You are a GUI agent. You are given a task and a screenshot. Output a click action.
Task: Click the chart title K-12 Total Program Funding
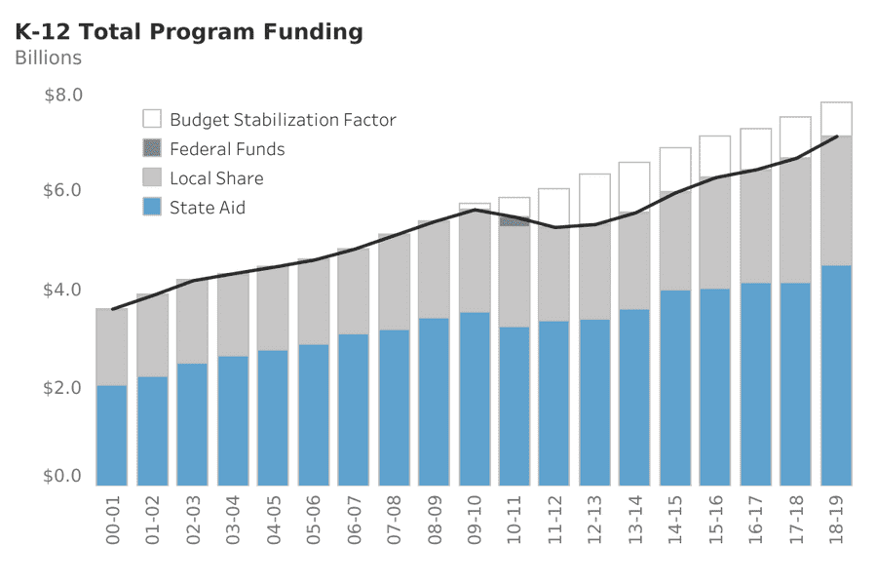pyautogui.click(x=189, y=32)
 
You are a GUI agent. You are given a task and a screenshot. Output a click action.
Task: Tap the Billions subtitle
pyautogui.click(x=49, y=58)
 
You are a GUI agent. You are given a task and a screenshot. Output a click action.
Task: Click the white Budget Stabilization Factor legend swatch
pyautogui.click(x=152, y=119)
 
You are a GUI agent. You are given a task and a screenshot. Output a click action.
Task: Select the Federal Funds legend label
pyautogui.click(x=227, y=149)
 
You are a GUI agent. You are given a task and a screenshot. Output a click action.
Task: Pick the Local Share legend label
pyautogui.click(x=216, y=178)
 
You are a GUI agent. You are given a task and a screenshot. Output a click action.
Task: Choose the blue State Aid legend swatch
pyautogui.click(x=152, y=207)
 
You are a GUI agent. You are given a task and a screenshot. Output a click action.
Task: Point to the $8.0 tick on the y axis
pyautogui.click(x=63, y=96)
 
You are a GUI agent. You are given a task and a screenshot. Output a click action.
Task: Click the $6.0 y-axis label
pyautogui.click(x=63, y=190)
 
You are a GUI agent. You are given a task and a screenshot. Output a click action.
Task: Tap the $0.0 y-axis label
pyautogui.click(x=63, y=477)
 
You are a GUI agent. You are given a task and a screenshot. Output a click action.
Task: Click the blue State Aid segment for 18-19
pyautogui.click(x=836, y=375)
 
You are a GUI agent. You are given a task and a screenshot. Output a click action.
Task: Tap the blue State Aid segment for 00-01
pyautogui.click(x=113, y=435)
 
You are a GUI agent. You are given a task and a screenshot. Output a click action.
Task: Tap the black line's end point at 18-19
pyautogui.click(x=837, y=136)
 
